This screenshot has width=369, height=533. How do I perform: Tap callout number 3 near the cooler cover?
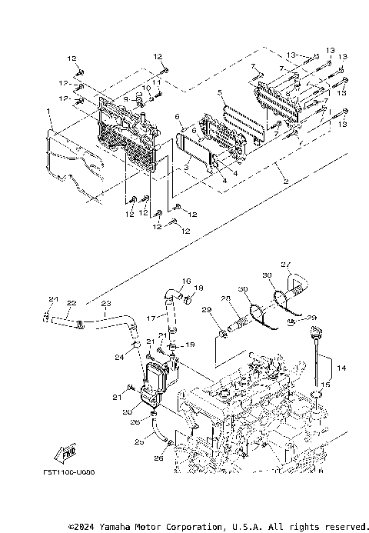click(186, 166)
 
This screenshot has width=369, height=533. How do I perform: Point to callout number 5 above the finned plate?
click(221, 93)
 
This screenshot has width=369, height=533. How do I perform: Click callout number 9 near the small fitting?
click(125, 98)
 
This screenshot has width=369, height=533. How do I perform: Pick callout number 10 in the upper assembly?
click(142, 88)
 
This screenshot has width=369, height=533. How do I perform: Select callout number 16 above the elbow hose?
click(186, 281)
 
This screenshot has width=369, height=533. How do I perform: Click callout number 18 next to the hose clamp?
click(199, 288)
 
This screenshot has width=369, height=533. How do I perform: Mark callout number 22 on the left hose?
click(71, 303)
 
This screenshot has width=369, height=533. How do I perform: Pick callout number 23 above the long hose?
click(106, 303)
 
